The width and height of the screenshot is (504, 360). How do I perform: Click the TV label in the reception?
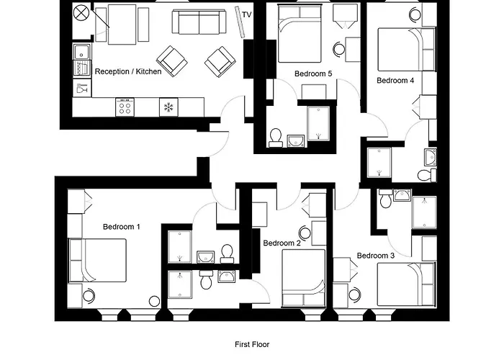pos(247,14)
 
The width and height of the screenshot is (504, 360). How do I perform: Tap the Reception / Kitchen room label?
pos(128,71)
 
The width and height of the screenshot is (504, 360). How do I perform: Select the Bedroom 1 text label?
pos(121,227)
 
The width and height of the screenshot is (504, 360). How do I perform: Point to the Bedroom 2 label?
pos(282,243)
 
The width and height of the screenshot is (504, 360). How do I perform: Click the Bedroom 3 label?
pos(376,255)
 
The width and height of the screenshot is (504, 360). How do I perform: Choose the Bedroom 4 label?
pos(395,81)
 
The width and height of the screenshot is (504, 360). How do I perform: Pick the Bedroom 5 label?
pos(313,73)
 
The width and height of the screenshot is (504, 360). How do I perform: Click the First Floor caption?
pos(252,345)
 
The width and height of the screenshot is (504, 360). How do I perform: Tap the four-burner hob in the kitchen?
pos(125,107)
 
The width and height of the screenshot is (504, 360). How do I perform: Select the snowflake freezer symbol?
pos(168,107)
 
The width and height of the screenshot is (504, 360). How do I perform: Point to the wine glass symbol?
pos(81,89)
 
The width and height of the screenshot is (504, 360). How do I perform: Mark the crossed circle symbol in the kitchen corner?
pos(81,12)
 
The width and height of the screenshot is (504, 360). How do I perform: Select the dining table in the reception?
pos(126,26)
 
